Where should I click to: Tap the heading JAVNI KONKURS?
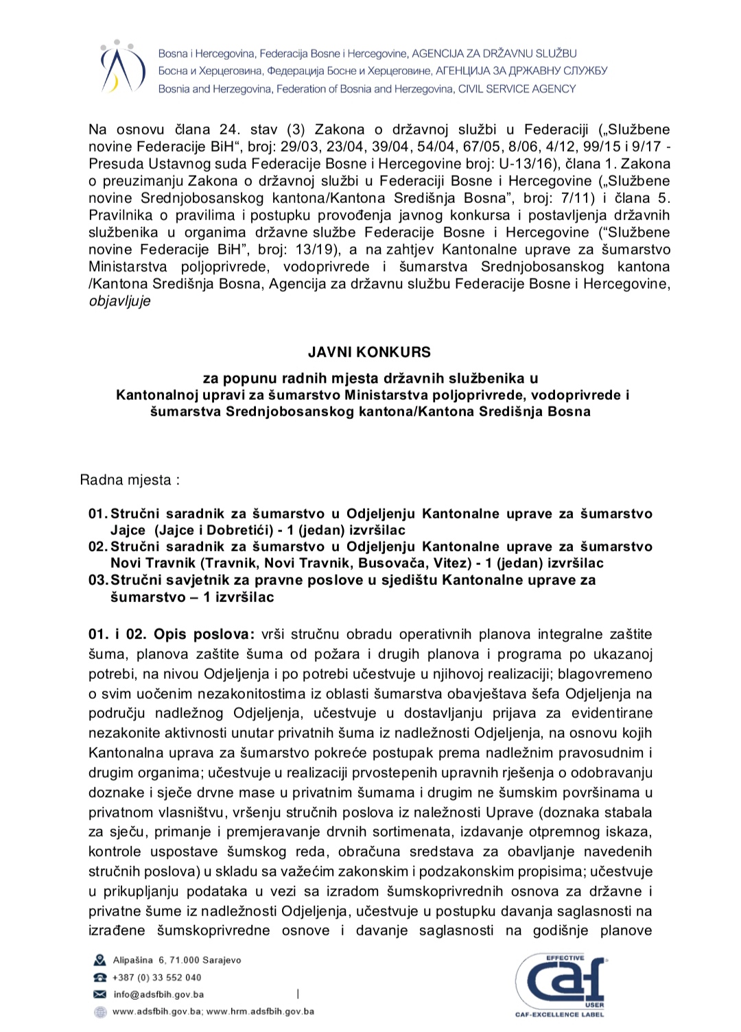369,352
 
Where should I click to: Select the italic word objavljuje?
119,301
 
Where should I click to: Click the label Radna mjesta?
130,480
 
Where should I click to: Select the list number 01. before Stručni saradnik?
98,514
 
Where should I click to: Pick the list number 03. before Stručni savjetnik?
98,580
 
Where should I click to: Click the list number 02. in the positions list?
98,547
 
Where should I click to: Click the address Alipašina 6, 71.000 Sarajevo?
177,960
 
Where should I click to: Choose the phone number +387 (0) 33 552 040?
157,977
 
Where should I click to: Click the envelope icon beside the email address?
100,994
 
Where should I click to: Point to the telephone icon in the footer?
100,977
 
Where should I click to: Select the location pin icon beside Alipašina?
100,960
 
